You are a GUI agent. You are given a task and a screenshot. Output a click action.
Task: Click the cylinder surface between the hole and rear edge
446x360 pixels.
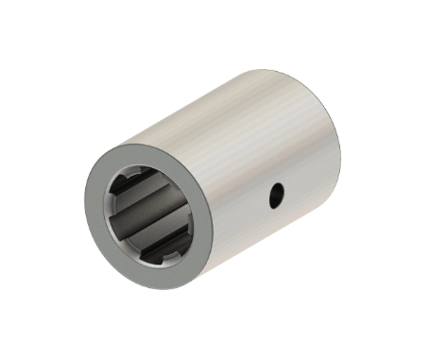point(307,180)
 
